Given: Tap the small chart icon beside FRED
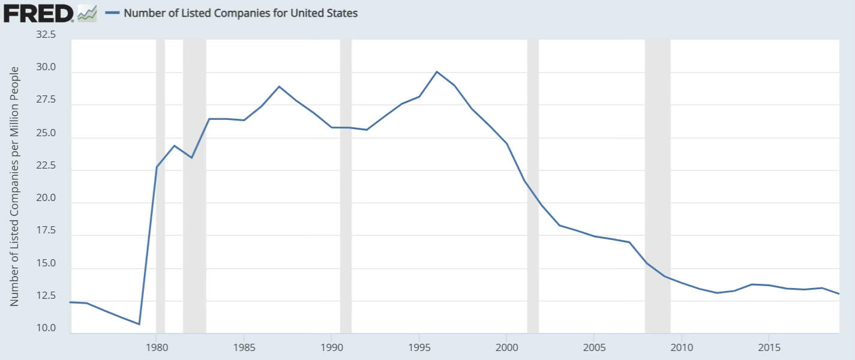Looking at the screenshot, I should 87,13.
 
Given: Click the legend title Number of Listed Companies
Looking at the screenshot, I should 241,13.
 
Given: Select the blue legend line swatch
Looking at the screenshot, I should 112,13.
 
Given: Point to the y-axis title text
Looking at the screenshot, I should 15,186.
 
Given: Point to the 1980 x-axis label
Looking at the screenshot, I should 156,347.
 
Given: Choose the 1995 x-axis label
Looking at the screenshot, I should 419,347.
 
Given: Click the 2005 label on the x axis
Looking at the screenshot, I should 594,347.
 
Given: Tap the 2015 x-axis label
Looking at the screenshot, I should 769,347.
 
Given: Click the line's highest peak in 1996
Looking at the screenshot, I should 437,71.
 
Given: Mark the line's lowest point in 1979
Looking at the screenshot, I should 139,324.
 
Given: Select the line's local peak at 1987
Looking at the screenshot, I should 279,86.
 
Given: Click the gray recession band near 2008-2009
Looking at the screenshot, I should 658,180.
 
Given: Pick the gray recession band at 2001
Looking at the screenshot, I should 533,180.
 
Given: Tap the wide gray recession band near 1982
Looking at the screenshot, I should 194,180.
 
